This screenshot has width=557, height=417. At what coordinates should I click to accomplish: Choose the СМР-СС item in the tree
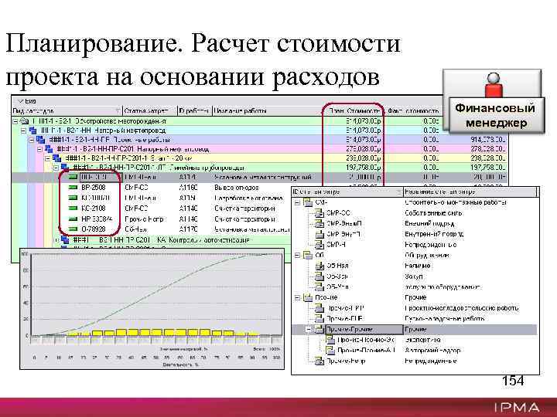[x=338, y=212]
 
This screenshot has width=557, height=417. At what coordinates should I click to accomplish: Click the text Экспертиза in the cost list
[x=422, y=338]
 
